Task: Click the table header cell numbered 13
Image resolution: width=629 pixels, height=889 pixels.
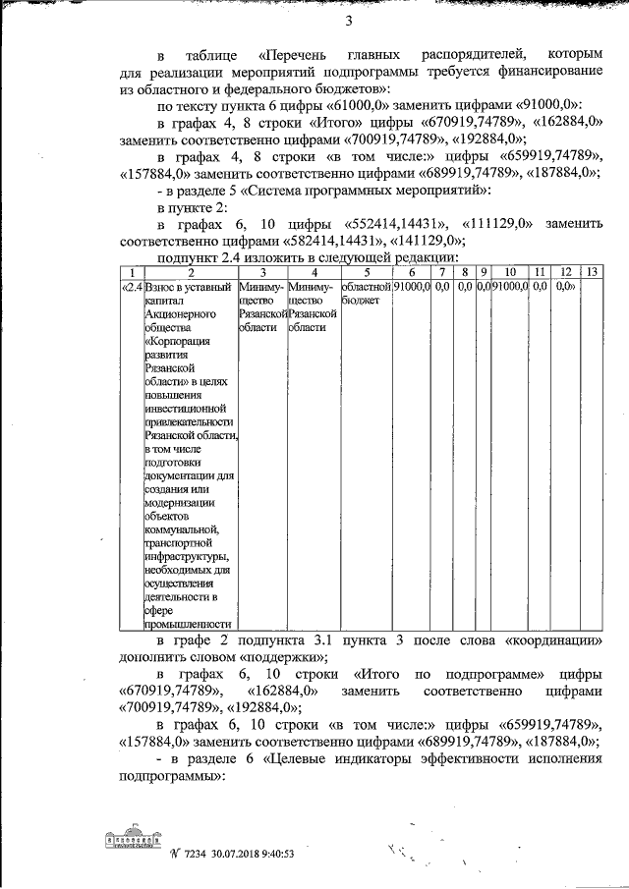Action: tap(593, 270)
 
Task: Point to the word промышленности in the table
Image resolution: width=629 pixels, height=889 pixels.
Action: tap(188, 623)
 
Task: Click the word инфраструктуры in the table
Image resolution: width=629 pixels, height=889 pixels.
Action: tap(187, 558)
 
